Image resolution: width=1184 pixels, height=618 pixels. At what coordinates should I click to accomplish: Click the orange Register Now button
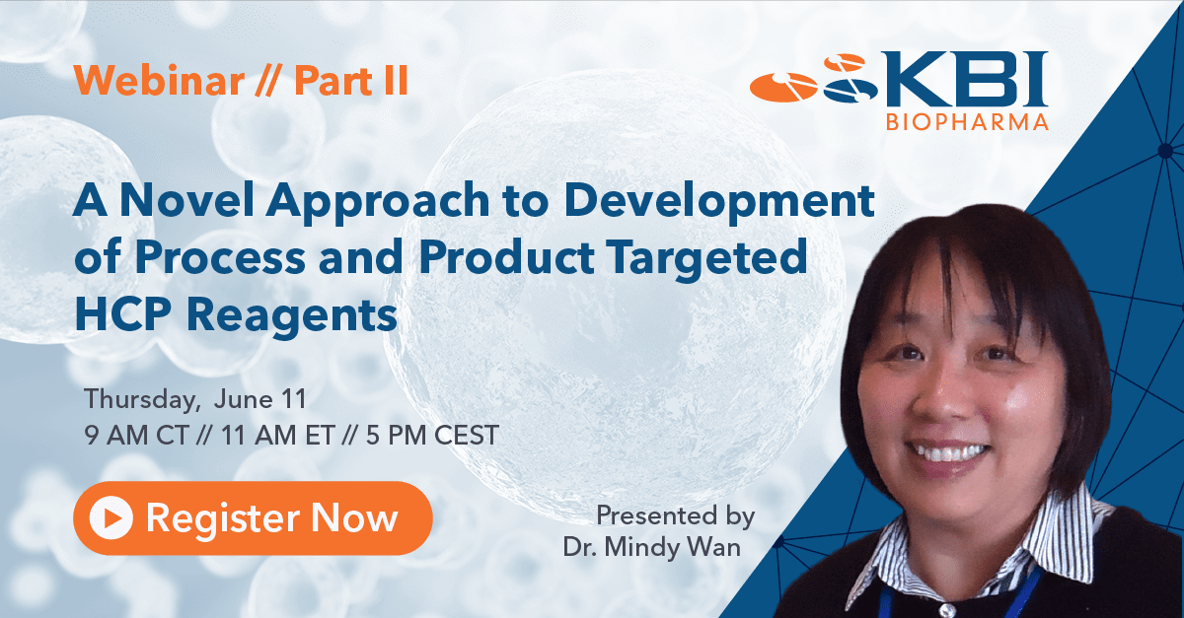tap(253, 517)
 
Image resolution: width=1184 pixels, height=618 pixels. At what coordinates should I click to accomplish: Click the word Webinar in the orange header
tap(159, 81)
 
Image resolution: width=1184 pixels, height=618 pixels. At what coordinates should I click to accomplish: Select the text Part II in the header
tap(351, 81)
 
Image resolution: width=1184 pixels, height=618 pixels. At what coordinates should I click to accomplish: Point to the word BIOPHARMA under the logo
tap(967, 122)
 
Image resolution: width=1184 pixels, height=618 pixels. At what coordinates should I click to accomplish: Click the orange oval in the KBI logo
tap(783, 87)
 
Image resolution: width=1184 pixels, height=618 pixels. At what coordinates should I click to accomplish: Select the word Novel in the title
tap(187, 200)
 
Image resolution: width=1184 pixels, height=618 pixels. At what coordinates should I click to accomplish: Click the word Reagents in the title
tap(292, 318)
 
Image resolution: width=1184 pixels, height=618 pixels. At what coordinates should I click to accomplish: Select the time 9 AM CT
tap(136, 436)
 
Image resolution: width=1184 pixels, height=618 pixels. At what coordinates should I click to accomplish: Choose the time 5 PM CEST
tap(432, 436)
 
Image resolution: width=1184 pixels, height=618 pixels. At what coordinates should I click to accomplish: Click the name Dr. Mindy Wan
tap(652, 547)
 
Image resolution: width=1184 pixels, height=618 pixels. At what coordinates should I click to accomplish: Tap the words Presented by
tap(676, 516)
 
